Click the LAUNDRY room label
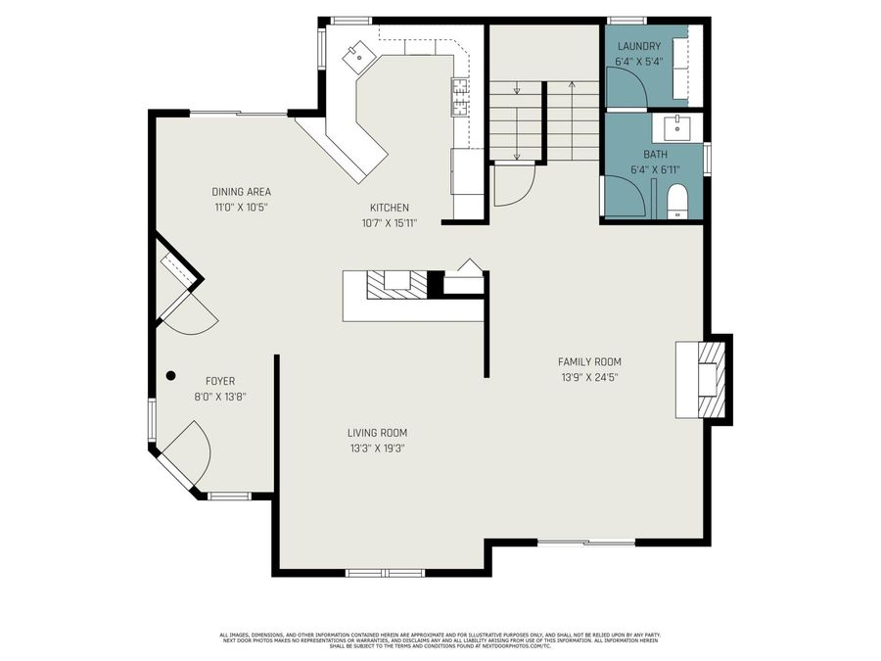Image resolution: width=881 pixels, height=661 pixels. (x=638, y=46)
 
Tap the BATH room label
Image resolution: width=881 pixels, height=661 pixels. (x=655, y=155)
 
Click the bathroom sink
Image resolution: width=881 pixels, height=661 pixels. (x=677, y=126)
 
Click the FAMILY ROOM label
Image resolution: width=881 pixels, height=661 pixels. (x=589, y=361)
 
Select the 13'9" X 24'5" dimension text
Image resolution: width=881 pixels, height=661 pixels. (x=589, y=377)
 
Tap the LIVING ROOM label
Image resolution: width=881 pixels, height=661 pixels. (x=377, y=432)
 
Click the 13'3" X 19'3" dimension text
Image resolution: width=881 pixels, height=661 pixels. (x=377, y=448)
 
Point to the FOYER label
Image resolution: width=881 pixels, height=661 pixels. (x=219, y=381)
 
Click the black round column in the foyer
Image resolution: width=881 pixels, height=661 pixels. (x=170, y=374)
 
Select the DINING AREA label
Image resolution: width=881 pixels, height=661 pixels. (x=241, y=192)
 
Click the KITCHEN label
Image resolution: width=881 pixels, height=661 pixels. (x=389, y=208)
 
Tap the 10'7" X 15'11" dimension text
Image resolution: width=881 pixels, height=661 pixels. (x=389, y=223)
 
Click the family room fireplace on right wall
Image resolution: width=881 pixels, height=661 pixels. (x=705, y=378)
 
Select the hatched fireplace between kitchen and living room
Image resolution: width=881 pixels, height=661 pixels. (x=397, y=284)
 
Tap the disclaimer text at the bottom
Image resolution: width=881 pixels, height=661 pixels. (x=440, y=640)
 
